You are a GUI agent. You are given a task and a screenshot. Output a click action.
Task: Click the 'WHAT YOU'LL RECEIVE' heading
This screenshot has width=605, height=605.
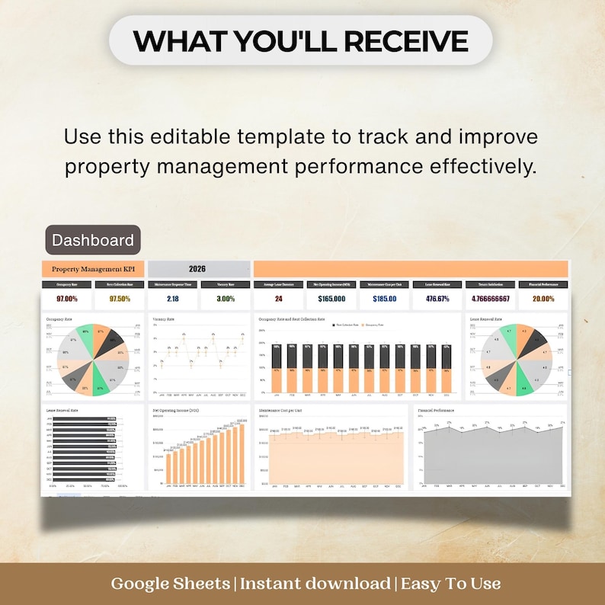click(301, 40)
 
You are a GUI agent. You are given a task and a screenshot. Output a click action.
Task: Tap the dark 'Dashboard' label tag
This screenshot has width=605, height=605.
click(92, 240)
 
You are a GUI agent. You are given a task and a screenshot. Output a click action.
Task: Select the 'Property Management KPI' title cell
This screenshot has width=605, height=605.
click(92, 269)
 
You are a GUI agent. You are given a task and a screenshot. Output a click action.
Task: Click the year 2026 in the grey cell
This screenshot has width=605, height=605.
click(197, 269)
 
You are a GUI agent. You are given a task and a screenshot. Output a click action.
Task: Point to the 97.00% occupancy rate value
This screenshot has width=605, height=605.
click(66, 299)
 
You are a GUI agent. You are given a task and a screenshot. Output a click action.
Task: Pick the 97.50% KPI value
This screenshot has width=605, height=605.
click(120, 299)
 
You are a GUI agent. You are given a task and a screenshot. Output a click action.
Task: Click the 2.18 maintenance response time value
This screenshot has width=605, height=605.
click(172, 299)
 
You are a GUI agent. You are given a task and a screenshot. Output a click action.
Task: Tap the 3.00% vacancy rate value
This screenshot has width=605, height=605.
click(225, 299)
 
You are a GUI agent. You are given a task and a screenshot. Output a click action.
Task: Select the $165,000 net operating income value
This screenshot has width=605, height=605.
click(331, 299)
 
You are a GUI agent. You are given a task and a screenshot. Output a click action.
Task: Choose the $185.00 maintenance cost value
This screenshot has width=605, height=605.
click(385, 299)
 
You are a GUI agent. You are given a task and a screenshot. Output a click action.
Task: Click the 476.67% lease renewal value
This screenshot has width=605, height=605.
click(437, 299)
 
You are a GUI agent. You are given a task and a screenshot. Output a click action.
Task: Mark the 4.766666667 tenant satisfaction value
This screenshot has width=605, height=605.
click(491, 299)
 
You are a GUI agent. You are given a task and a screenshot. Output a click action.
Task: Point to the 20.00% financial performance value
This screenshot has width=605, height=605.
click(543, 299)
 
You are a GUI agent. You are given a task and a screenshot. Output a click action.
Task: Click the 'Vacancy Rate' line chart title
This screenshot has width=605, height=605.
click(163, 319)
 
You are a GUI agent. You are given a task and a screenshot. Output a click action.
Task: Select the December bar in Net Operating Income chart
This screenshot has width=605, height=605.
click(242, 454)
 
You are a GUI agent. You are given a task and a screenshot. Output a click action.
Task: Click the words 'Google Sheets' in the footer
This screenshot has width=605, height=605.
click(171, 584)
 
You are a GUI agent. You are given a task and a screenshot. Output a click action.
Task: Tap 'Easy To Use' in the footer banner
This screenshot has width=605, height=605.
click(450, 584)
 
